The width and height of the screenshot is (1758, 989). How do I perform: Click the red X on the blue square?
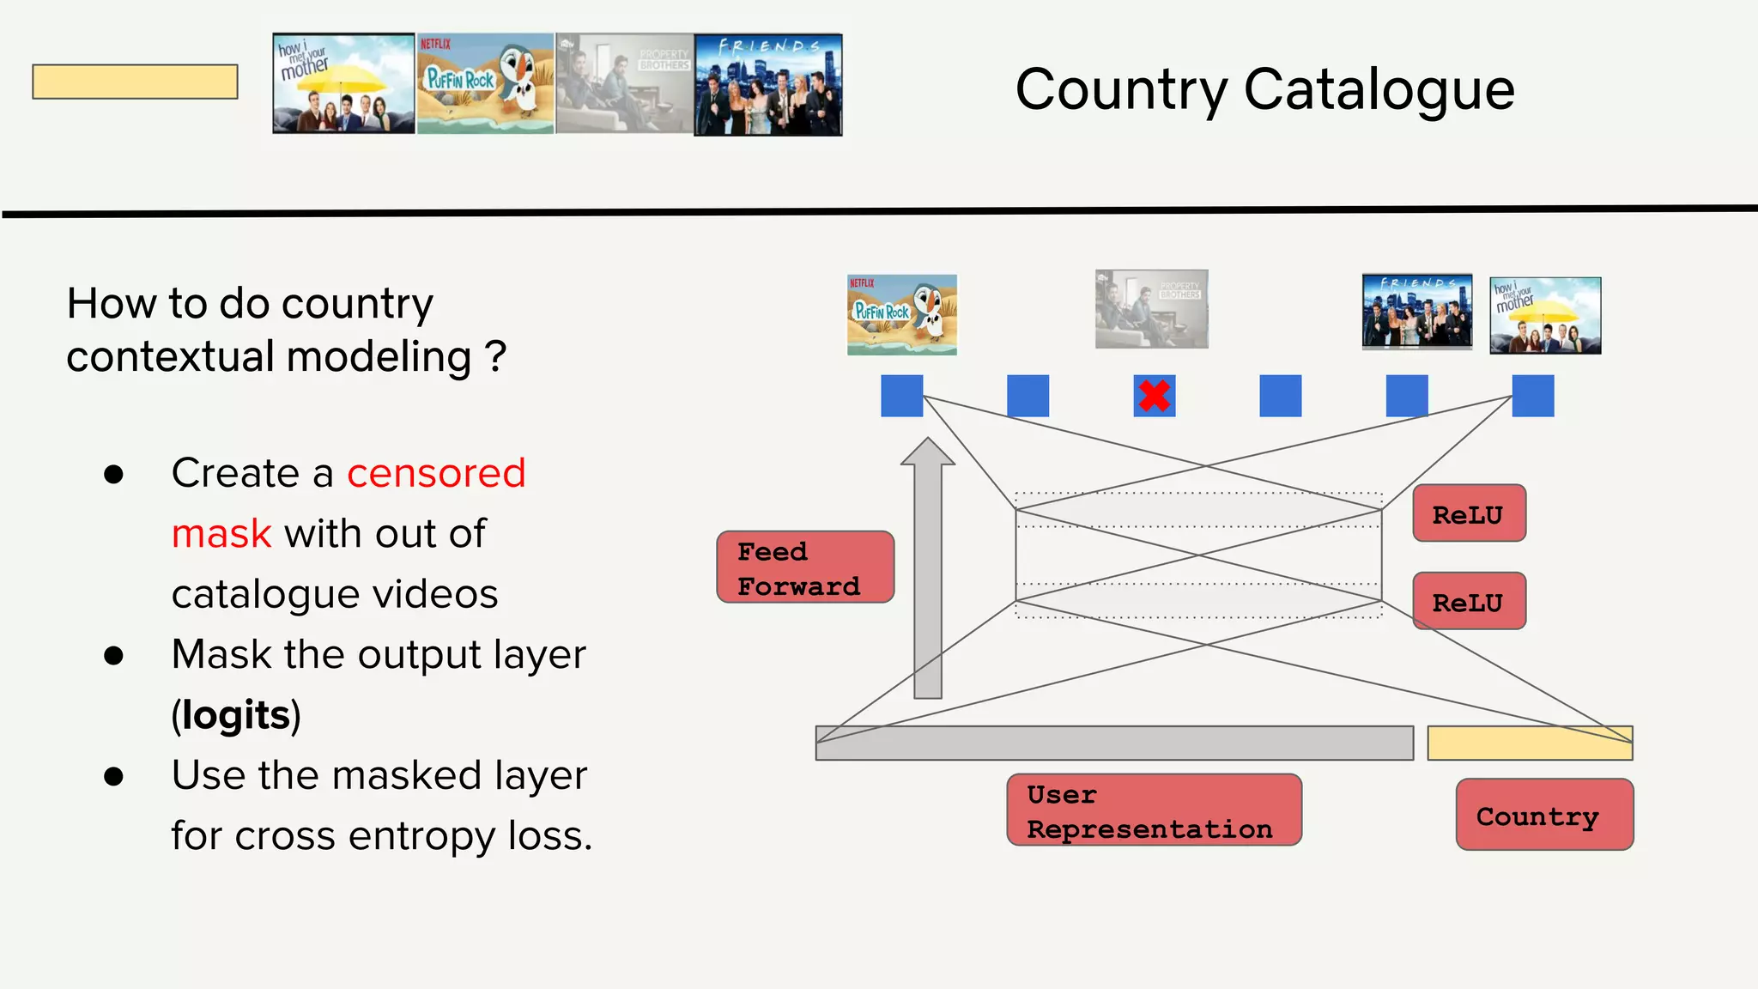[1154, 396]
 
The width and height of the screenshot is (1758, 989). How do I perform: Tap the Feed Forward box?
[805, 567]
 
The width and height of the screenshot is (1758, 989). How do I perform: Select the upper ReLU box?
[1469, 513]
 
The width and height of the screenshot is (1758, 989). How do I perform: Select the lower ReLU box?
[1469, 601]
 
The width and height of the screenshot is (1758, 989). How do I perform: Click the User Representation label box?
[1153, 810]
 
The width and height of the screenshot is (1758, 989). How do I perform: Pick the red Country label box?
[1543, 815]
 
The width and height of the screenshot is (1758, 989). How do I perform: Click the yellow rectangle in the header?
[135, 82]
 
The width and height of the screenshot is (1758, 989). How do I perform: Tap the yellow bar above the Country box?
[1529, 743]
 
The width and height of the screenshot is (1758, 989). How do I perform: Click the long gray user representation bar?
[1113, 743]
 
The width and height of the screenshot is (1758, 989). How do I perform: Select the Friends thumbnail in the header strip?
[767, 85]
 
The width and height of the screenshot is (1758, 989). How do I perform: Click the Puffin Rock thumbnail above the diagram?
[901, 314]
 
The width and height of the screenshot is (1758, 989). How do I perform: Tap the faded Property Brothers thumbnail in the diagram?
[1151, 309]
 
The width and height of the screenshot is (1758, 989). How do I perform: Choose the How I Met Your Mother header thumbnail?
[343, 83]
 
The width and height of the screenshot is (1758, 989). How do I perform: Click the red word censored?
[436, 473]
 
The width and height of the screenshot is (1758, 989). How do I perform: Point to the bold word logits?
[236, 715]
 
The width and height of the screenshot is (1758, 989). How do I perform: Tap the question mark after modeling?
[495, 355]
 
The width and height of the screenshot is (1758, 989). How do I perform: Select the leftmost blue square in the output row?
[901, 396]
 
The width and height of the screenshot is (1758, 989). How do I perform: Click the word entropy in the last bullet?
[424, 835]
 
